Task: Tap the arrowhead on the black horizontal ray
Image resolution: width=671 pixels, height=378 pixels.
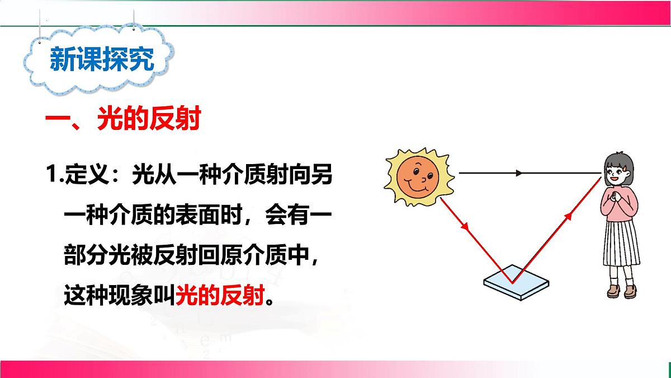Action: [519, 173]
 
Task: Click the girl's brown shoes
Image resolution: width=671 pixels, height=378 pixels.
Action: [621, 291]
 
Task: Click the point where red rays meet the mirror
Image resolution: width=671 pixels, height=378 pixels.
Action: [510, 281]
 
